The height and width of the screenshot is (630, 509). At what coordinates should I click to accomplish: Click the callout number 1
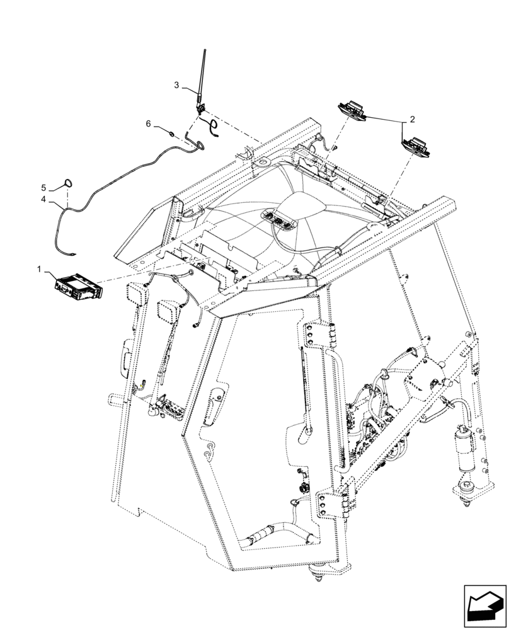click(39, 269)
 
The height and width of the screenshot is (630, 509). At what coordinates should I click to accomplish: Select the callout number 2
click(412, 118)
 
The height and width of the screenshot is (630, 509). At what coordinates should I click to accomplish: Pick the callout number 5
click(43, 188)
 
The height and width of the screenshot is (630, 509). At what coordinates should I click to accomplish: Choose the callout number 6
click(149, 124)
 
